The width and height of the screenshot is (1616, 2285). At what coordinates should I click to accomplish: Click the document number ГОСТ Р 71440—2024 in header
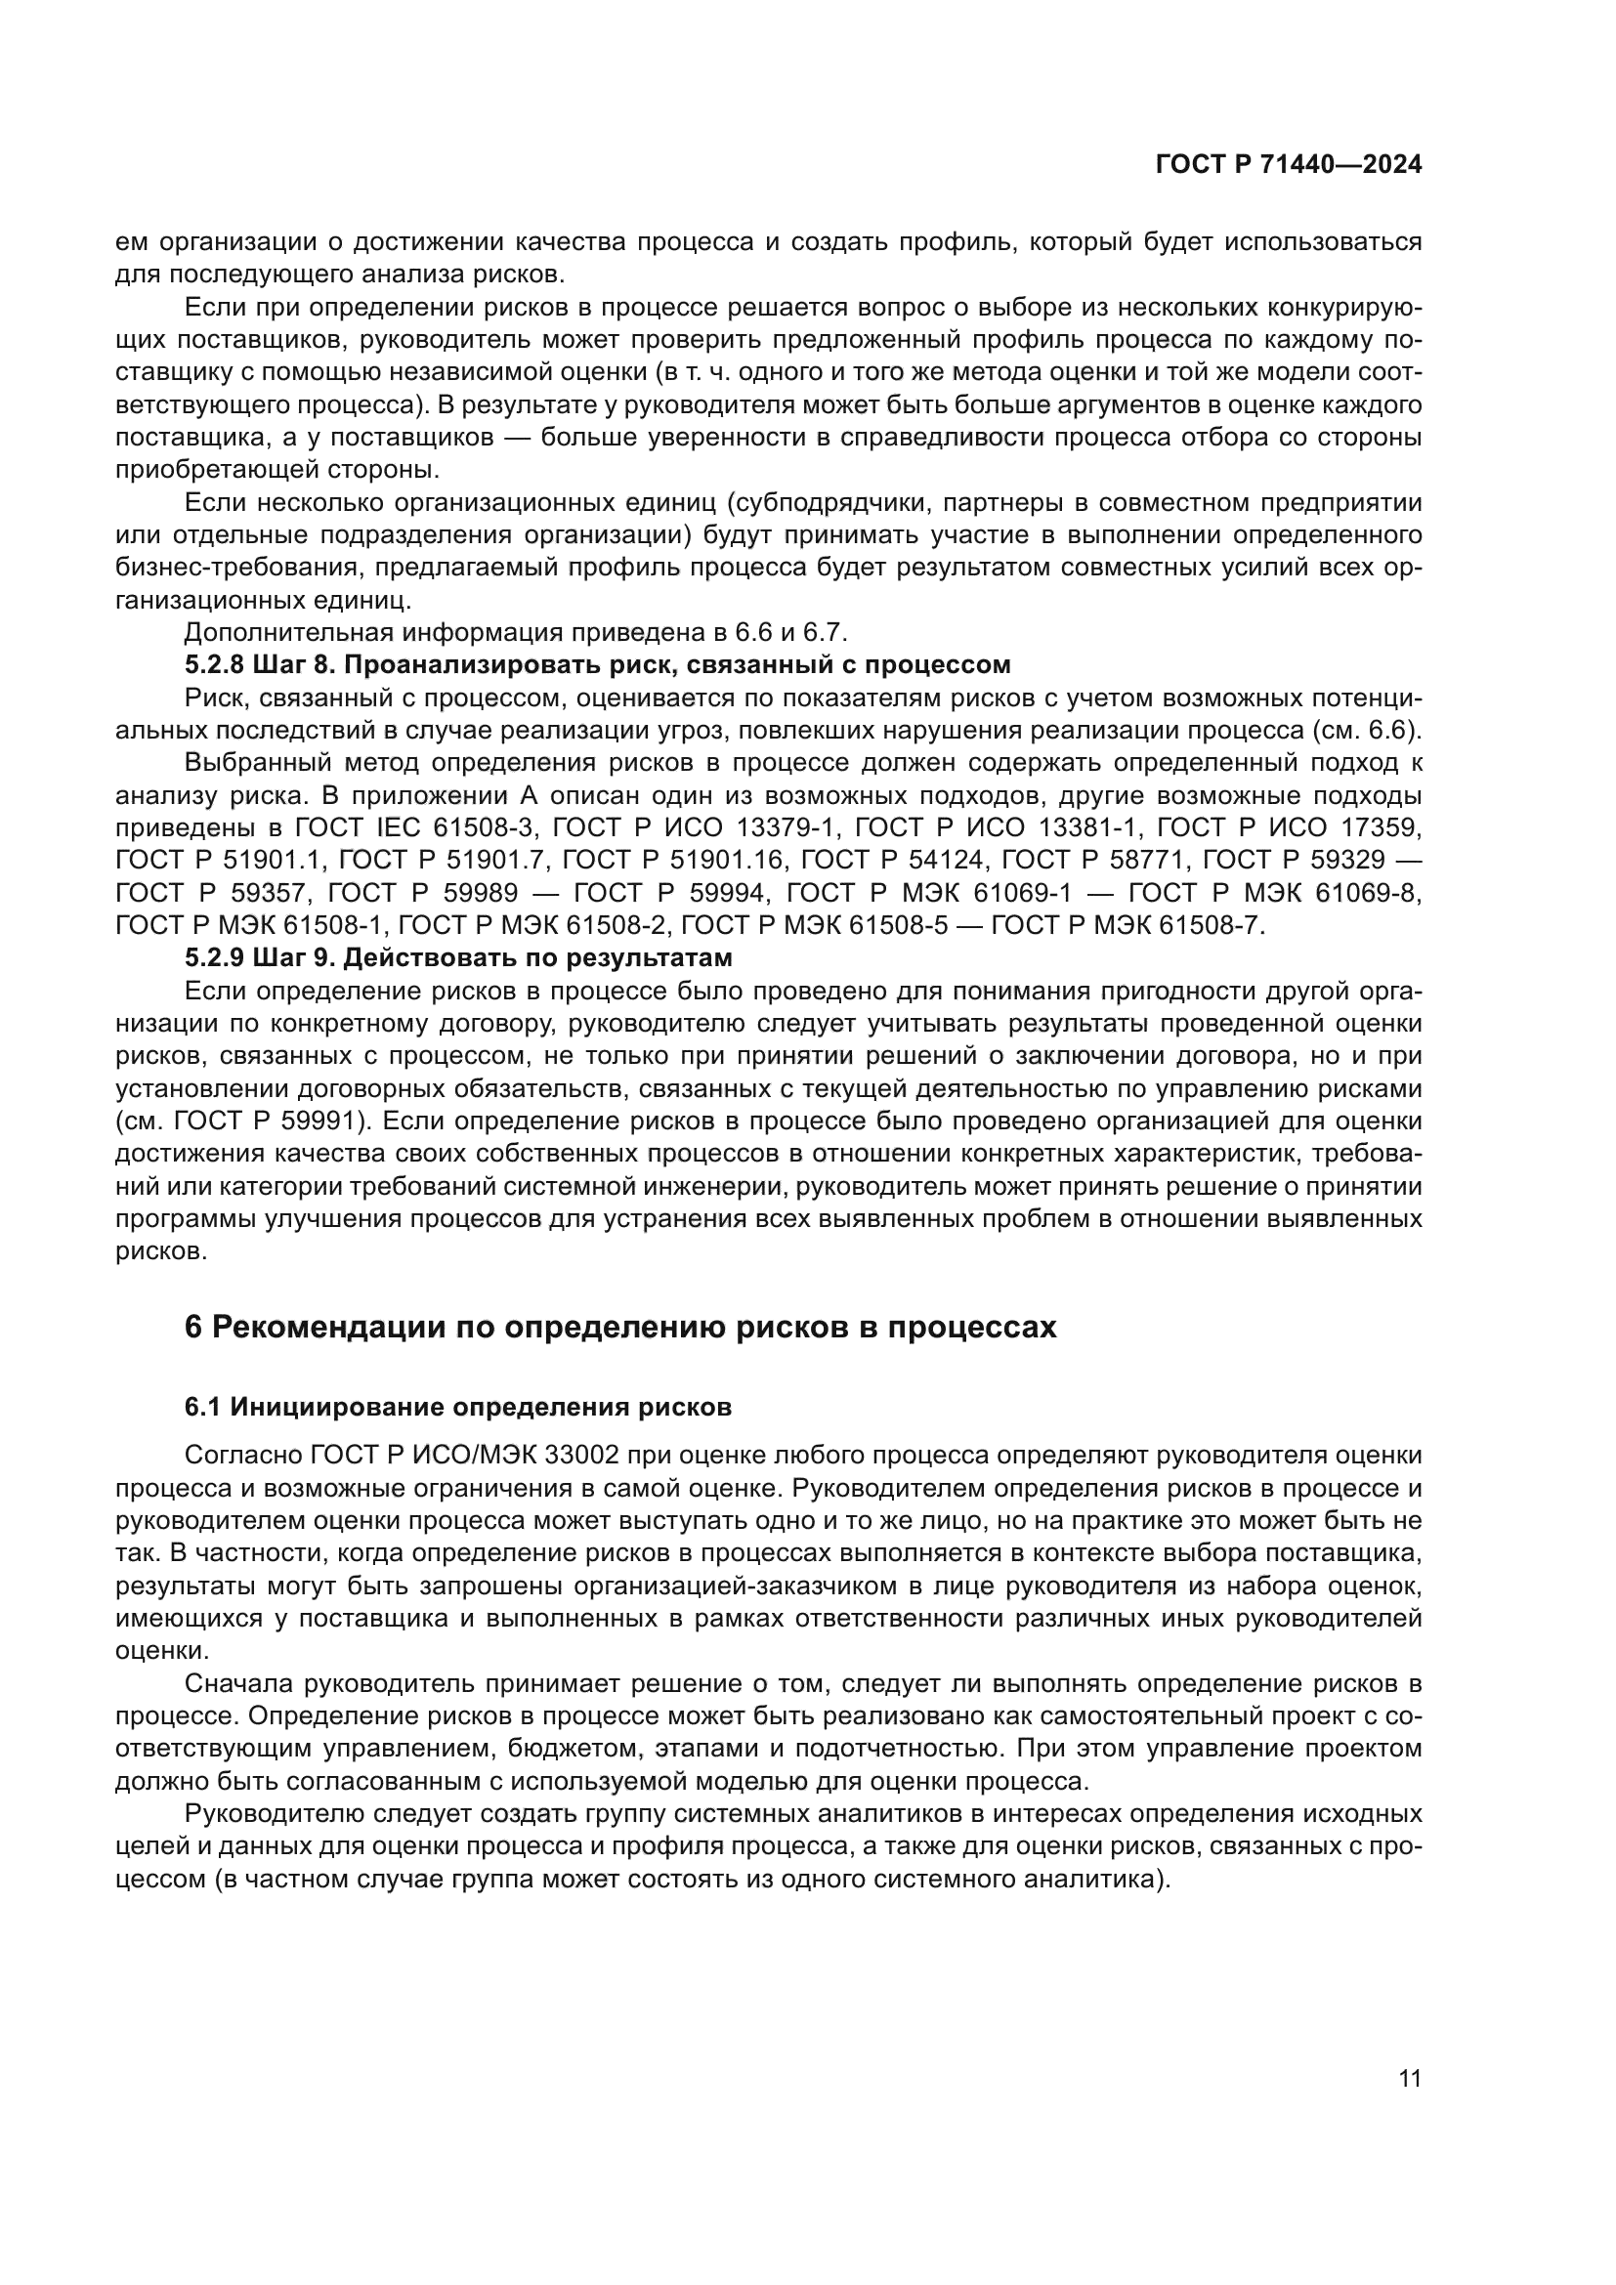click(x=1288, y=165)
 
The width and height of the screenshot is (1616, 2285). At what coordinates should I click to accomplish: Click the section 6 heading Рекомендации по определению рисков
click(x=620, y=1328)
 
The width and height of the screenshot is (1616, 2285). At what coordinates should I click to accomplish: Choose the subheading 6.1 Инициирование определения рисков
click(x=457, y=1407)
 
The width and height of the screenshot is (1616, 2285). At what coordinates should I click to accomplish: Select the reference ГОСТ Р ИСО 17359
click(x=1291, y=827)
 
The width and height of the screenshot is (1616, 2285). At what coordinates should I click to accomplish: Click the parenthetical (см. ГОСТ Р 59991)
click(x=241, y=1121)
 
